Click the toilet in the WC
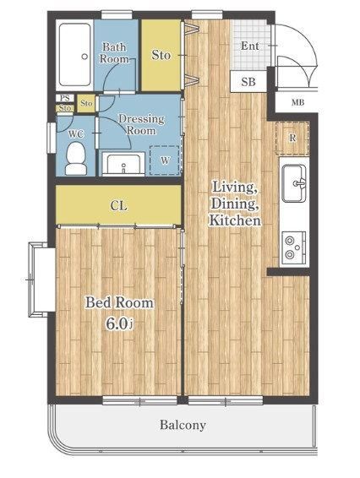[x=76, y=159]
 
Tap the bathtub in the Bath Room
[x=75, y=55]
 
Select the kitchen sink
[x=294, y=183]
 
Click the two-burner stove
[x=294, y=247]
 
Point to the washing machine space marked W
[x=165, y=160]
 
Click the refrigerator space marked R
[x=292, y=139]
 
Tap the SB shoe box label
[x=248, y=82]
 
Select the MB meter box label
[x=297, y=103]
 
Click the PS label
[x=65, y=98]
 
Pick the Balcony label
[x=183, y=425]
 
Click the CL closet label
[x=118, y=206]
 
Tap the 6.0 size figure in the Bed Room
[x=116, y=323]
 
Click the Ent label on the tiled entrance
[x=250, y=46]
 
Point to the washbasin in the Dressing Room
[x=123, y=165]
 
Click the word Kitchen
[x=235, y=220]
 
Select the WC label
[x=76, y=133]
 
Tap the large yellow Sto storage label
[x=161, y=55]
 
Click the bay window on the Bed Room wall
[x=41, y=280]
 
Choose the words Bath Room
[x=114, y=52]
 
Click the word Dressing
[x=141, y=119]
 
